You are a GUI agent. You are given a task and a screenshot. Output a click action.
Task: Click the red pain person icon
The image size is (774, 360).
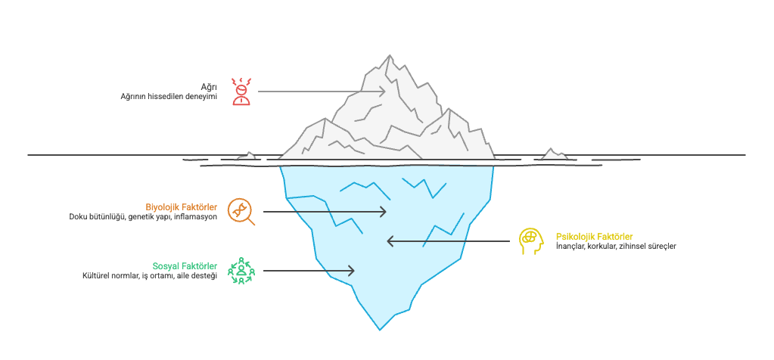[242, 92]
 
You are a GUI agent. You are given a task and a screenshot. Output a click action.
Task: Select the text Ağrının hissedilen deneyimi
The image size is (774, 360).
[169, 97]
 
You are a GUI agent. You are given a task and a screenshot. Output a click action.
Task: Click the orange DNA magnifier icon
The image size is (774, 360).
[241, 212]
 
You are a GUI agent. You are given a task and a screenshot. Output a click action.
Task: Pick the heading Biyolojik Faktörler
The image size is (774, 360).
[182, 206]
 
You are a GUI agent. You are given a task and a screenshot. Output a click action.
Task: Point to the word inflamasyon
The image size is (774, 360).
[197, 216]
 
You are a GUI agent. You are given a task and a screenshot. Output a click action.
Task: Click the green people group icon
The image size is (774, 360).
[241, 271]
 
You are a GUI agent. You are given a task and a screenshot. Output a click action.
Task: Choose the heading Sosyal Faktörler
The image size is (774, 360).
[185, 266]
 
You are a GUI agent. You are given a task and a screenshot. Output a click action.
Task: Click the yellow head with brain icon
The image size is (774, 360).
[531, 241]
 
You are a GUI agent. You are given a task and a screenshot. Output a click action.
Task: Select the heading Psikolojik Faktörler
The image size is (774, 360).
[595, 236]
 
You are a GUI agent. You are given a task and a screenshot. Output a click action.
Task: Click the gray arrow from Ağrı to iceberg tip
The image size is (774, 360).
[322, 92]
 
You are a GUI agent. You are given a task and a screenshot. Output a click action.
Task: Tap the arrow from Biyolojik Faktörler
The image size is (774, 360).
[325, 212]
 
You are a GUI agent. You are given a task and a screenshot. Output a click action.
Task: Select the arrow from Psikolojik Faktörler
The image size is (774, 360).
[448, 241]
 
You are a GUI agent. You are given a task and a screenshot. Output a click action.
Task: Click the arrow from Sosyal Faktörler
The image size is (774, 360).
[309, 271]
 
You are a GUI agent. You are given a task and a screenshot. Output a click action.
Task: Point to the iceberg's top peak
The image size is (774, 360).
[390, 55]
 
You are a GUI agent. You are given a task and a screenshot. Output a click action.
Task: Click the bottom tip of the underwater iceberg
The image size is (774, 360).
[380, 330]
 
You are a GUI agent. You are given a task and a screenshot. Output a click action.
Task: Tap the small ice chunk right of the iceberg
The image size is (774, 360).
[553, 154]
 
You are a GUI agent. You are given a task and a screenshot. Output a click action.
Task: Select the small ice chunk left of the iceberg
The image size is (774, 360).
[247, 157]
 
